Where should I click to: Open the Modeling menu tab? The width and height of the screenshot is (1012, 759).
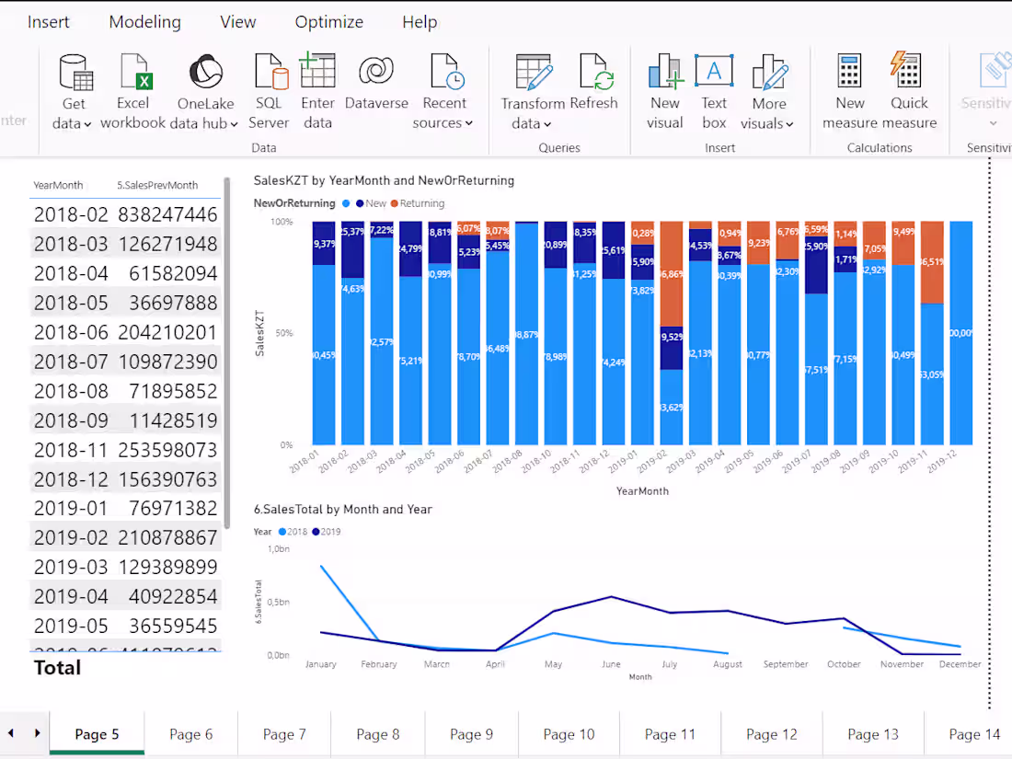[144, 22]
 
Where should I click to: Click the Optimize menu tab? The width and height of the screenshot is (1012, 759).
[329, 22]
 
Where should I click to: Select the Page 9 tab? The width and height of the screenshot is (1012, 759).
[471, 733]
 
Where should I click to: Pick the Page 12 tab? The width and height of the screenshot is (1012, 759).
[771, 733]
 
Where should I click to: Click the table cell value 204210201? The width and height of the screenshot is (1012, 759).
[167, 332]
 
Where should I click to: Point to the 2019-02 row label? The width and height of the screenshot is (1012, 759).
[71, 537]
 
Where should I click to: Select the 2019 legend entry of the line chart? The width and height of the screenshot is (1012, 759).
[327, 532]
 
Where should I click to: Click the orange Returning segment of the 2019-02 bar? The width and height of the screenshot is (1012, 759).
[672, 273]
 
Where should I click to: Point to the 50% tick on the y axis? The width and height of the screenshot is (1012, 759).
[282, 333]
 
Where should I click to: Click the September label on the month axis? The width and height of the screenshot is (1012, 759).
[785, 664]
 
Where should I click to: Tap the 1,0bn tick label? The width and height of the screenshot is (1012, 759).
[278, 549]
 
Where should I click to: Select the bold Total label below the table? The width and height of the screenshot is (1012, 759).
[58, 668]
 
